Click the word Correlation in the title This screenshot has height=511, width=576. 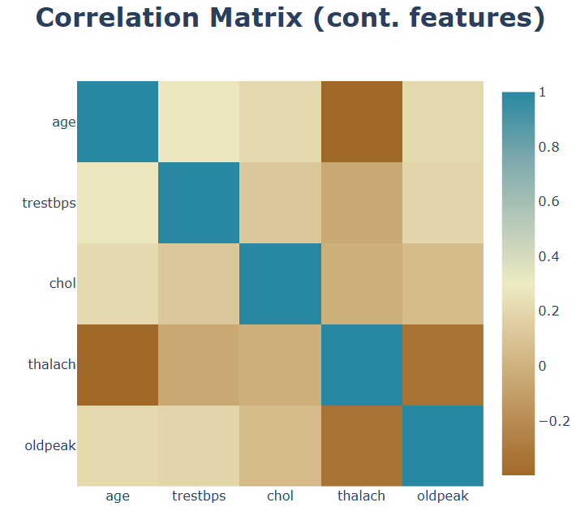click(x=118, y=18)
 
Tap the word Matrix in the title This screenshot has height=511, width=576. click(x=256, y=18)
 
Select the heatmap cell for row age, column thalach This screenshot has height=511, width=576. click(x=362, y=122)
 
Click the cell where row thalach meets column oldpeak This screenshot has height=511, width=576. click(x=443, y=365)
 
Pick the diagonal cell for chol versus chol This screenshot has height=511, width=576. click(x=280, y=284)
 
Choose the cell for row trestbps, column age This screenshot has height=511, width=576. click(x=118, y=203)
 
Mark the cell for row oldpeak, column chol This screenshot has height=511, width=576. click(x=280, y=446)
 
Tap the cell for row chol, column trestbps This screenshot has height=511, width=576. click(x=199, y=284)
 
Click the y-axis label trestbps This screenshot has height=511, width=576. click(x=49, y=203)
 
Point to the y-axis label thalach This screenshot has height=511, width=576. click(x=52, y=364)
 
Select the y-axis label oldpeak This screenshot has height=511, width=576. click(x=50, y=446)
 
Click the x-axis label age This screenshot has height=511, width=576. click(x=118, y=496)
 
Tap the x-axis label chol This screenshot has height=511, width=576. click(x=280, y=496)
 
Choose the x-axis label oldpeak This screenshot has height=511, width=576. click(x=443, y=496)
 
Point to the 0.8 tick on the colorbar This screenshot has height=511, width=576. click(x=548, y=147)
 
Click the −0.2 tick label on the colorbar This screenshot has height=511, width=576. click(x=554, y=421)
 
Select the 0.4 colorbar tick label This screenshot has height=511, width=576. click(x=548, y=256)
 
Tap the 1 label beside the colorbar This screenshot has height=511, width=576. click(x=542, y=92)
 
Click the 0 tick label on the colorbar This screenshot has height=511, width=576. click(x=542, y=366)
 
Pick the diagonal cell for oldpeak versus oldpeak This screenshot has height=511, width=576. click(x=443, y=446)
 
